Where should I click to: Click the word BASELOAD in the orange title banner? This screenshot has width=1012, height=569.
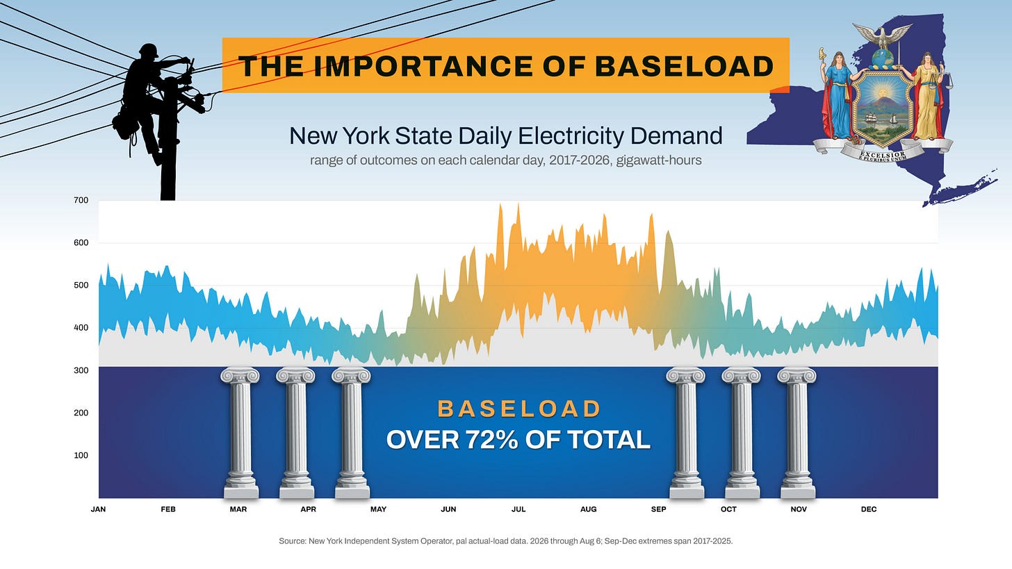tap(685, 66)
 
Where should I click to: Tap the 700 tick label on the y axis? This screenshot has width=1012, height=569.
tap(81, 200)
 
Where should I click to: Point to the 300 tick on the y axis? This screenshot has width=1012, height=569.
tap(81, 370)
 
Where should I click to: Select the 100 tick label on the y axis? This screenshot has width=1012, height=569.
tap(81, 455)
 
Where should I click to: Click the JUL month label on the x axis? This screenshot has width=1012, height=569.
tap(519, 509)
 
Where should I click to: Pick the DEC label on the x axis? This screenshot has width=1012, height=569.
tap(868, 509)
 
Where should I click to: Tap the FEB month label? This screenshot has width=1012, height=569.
tap(168, 509)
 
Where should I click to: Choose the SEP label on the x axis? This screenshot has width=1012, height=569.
tap(658, 509)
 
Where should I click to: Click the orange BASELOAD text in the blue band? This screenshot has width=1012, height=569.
tap(519, 409)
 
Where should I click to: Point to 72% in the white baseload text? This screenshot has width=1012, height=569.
tap(491, 439)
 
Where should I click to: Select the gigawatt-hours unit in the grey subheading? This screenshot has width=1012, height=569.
tap(659, 160)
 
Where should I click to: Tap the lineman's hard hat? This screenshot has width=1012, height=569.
tap(148, 50)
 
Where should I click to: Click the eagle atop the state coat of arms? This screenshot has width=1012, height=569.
tap(882, 36)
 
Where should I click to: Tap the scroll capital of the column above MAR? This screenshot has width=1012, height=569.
tap(240, 375)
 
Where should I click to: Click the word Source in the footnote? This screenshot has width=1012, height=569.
tap(293, 541)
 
